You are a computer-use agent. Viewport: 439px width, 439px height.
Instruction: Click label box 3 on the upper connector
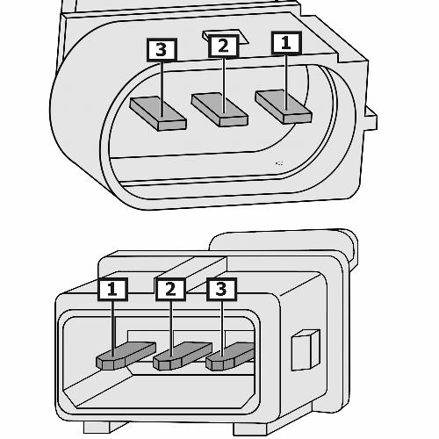pyautogui.click(x=162, y=49)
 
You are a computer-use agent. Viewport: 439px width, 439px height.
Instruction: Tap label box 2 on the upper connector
pyautogui.click(x=223, y=46)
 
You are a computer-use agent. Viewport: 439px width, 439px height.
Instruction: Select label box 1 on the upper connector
pyautogui.click(x=286, y=43)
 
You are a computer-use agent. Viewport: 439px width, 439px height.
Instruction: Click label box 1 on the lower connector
pyautogui.click(x=112, y=290)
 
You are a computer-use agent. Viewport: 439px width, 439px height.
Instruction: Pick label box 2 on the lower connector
pyautogui.click(x=170, y=290)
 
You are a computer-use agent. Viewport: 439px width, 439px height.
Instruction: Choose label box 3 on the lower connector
pyautogui.click(x=221, y=290)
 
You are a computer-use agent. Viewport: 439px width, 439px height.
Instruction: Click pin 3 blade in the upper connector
pyautogui.click(x=158, y=113)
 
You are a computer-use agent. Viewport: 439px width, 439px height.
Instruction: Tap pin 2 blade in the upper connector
pyautogui.click(x=219, y=110)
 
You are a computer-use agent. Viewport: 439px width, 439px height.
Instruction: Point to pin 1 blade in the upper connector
pyautogui.click(x=284, y=106)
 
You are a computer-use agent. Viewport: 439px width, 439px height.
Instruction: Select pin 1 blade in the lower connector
pyautogui.click(x=126, y=356)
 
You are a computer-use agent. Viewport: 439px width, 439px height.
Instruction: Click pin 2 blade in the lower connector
pyautogui.click(x=183, y=356)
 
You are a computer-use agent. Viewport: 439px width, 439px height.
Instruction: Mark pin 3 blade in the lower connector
pyautogui.click(x=230, y=356)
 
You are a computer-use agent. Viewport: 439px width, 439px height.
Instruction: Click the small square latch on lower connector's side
pyautogui.click(x=306, y=350)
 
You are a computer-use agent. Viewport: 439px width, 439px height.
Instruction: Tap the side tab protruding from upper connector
pyautogui.click(x=371, y=119)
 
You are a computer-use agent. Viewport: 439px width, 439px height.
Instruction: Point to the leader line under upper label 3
pyautogui.click(x=162, y=89)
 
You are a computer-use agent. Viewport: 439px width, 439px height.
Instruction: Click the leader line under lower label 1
pyautogui.click(x=113, y=328)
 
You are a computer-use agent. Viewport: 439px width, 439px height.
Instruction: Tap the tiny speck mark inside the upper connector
pyautogui.click(x=279, y=163)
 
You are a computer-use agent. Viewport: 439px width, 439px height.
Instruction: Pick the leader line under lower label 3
pyautogui.click(x=222, y=328)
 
